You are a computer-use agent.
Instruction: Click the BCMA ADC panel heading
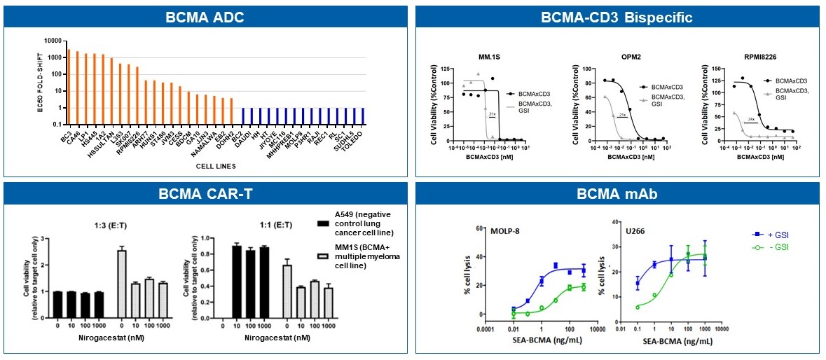coord(206,17)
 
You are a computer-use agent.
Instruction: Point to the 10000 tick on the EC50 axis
coord(50,41)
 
